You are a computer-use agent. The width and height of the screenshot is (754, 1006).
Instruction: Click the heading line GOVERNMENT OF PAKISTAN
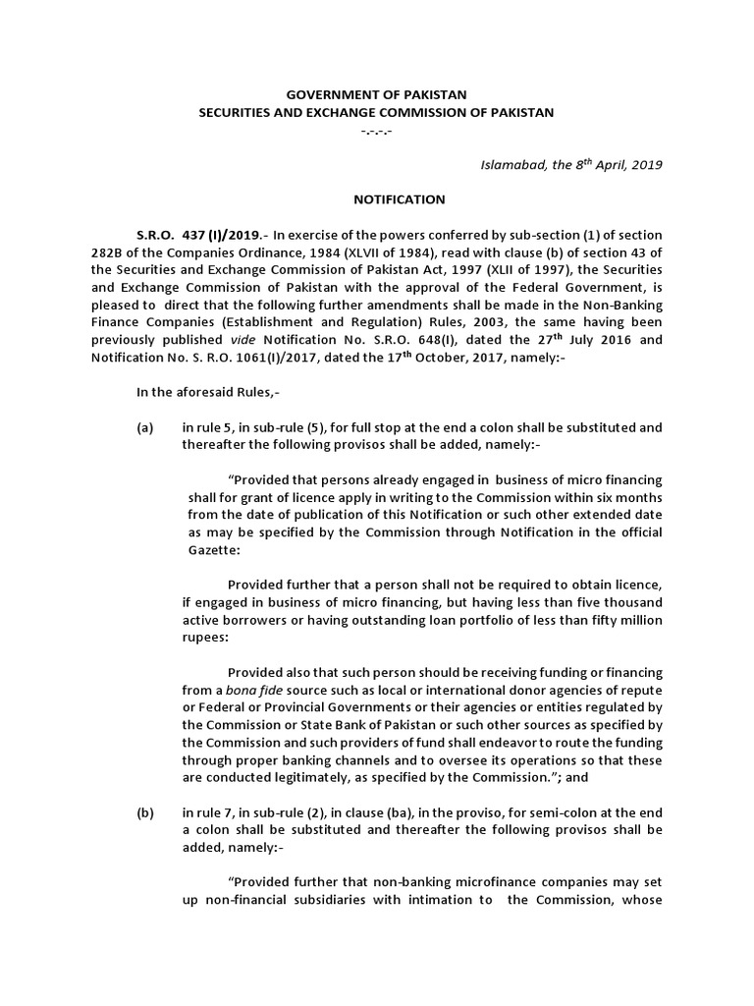376,94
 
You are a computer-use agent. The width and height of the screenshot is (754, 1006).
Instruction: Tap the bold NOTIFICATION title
399,199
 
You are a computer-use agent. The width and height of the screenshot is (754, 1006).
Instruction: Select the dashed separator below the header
376,131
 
